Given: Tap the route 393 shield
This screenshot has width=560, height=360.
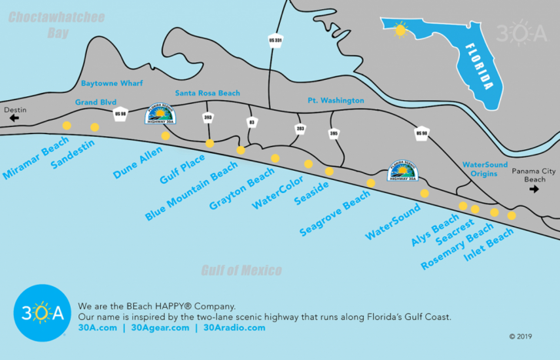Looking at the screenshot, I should (x=208, y=118).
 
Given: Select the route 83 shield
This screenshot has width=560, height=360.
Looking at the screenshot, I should (x=252, y=122).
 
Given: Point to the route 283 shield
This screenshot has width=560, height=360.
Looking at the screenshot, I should (x=301, y=129).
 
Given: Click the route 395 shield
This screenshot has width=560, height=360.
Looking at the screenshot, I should (x=333, y=134).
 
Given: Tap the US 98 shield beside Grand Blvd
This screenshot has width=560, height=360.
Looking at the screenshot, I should (x=120, y=114).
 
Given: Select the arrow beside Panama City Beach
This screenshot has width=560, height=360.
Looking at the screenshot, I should (x=534, y=188).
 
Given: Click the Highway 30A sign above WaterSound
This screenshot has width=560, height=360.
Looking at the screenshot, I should (x=402, y=172).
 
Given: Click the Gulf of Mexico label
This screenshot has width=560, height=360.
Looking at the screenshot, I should (x=241, y=270).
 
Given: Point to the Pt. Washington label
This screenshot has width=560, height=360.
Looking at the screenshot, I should (x=335, y=101).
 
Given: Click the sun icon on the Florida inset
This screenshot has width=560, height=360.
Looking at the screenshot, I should (x=399, y=30).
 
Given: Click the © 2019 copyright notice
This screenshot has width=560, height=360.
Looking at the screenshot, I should (x=521, y=336).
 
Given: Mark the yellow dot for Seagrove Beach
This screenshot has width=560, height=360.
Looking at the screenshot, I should (x=371, y=183).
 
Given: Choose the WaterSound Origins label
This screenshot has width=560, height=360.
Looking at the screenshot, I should (x=485, y=169).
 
